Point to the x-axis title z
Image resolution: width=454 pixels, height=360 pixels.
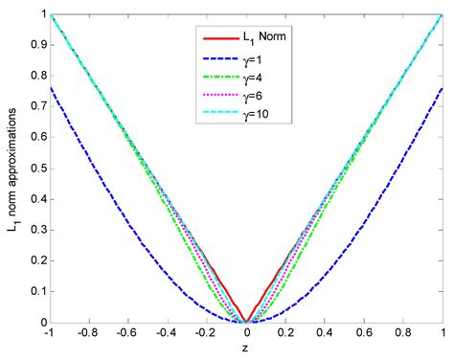(x=246, y=348)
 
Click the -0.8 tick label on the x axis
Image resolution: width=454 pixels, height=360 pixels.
(x=87, y=333)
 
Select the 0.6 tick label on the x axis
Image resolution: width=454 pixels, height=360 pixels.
(x=364, y=333)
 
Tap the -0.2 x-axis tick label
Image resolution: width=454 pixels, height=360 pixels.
(x=205, y=333)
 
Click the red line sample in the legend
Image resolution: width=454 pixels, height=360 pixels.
(x=215, y=38)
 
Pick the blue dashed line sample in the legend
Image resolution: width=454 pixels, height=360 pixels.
(x=215, y=57)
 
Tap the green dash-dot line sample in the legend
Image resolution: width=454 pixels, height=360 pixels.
(x=215, y=77)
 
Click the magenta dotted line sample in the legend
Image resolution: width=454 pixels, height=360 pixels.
(x=215, y=96)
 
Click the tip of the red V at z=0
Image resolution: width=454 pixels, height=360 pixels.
(x=246, y=322)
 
